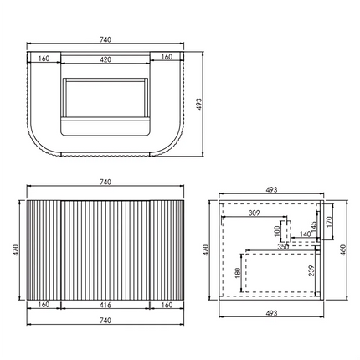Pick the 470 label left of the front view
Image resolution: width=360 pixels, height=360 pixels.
tap(14, 249)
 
